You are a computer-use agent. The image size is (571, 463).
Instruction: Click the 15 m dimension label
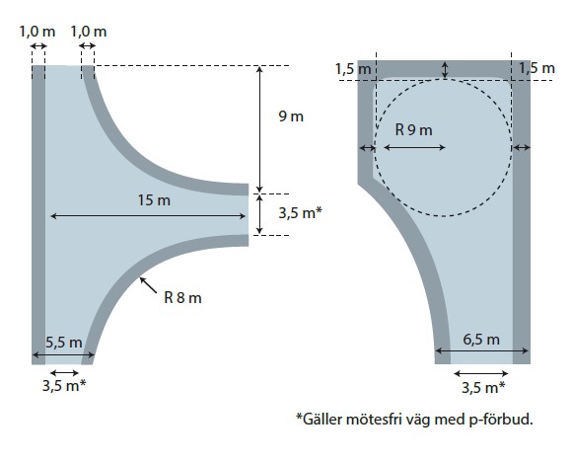tap(154, 200)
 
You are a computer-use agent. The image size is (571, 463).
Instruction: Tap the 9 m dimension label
tap(291, 116)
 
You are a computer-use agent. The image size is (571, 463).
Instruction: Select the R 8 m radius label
tap(182, 298)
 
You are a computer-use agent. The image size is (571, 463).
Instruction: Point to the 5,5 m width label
tap(64, 343)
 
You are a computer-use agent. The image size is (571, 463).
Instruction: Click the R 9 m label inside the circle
tap(413, 129)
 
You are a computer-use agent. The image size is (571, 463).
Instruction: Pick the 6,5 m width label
tap(481, 340)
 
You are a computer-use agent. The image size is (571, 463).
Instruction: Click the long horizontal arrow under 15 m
tap(148, 216)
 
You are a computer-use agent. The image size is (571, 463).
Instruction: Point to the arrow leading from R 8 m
tap(148, 285)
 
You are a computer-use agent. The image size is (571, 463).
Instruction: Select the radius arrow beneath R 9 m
tap(415, 147)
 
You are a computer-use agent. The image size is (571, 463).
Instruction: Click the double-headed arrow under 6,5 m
tap(481, 350)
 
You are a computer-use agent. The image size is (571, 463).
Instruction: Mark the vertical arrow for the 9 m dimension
tap(259, 129)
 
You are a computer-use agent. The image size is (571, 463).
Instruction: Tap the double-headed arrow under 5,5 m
tap(63, 354)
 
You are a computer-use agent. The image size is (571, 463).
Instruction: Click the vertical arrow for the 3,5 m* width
tap(259, 214)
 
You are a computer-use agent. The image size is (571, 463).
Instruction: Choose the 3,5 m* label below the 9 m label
tap(301, 213)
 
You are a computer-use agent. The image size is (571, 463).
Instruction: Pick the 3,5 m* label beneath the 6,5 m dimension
tap(483, 387)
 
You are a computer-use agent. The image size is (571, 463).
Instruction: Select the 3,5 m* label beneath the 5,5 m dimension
tap(64, 385)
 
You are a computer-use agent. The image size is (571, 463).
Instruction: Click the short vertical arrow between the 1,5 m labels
tap(445, 70)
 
